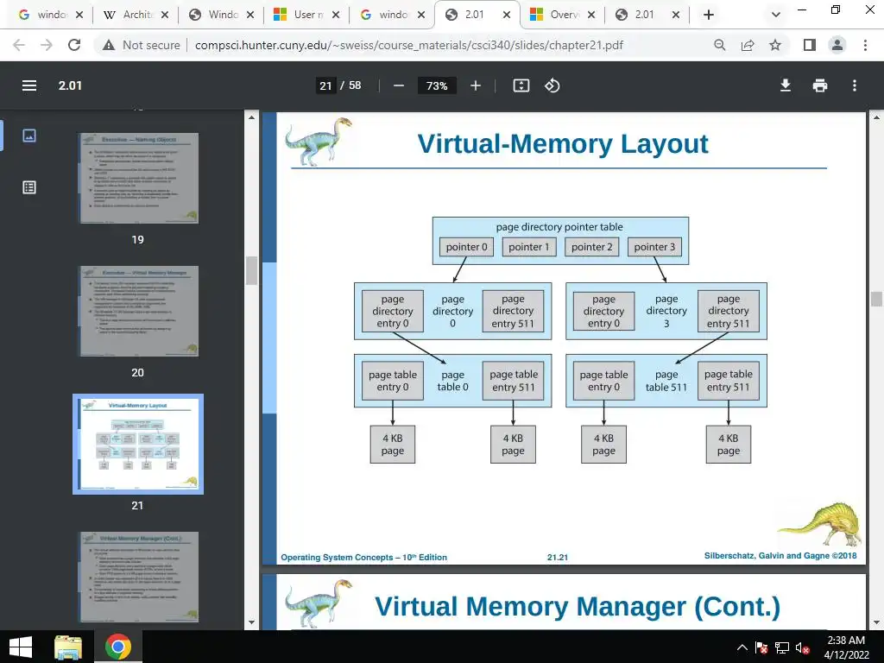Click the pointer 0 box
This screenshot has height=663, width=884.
[x=467, y=247]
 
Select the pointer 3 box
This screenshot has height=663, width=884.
[x=655, y=247]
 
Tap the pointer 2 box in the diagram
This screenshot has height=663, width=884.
[x=592, y=247]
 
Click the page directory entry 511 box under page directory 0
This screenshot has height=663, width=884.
[x=513, y=312]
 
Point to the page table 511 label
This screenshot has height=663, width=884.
[x=666, y=381]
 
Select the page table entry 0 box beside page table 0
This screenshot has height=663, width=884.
[x=393, y=381]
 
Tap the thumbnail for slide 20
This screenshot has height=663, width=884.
[x=138, y=311]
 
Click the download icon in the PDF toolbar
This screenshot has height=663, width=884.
[x=786, y=85]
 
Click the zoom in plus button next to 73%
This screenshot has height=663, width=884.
[x=476, y=85]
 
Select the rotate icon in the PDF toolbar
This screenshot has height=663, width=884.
[x=552, y=85]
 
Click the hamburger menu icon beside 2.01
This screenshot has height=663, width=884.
[x=29, y=85]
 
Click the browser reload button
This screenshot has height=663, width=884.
[x=74, y=45]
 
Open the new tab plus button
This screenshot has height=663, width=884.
[x=709, y=15]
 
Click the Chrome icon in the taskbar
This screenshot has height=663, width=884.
[x=118, y=647]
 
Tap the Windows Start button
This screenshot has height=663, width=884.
[x=20, y=647]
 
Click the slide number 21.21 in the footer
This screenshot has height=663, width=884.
[x=558, y=558]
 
